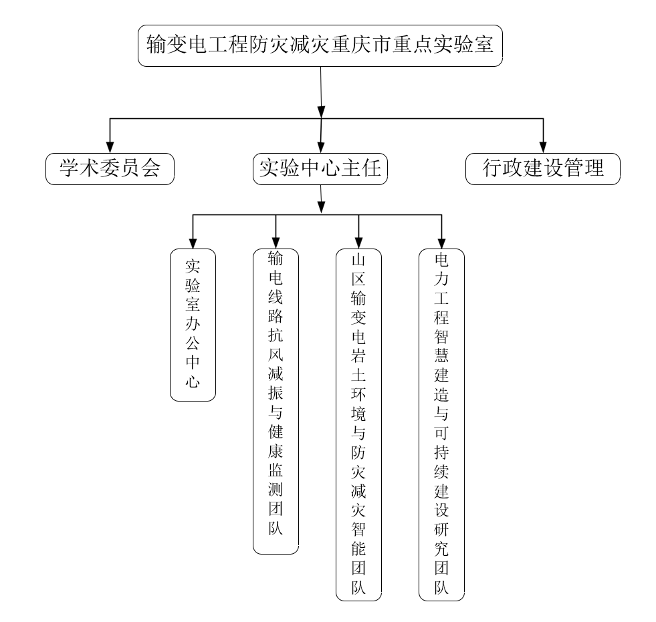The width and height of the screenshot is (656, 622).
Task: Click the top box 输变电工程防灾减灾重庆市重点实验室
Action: tap(320, 45)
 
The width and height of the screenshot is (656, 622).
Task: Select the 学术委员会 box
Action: tap(110, 169)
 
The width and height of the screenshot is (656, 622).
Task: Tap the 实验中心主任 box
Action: tap(320, 169)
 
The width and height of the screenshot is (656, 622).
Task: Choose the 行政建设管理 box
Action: tap(542, 169)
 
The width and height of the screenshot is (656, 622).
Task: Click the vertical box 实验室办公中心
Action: tap(193, 325)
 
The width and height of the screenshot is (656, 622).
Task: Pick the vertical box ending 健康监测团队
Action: tap(276, 402)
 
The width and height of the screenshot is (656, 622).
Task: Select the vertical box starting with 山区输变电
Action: tap(358, 425)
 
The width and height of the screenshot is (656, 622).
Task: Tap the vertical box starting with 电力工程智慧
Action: tap(441, 425)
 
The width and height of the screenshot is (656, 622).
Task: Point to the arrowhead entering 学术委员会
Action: tap(110, 147)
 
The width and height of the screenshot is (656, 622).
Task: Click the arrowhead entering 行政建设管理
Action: tap(543, 147)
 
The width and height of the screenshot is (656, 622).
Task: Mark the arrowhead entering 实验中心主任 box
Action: tap(320, 147)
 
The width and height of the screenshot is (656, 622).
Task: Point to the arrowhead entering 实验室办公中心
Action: tap(193, 243)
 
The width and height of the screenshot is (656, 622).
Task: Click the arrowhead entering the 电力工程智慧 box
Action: tap(441, 243)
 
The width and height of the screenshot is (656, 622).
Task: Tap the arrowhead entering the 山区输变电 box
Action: tap(358, 243)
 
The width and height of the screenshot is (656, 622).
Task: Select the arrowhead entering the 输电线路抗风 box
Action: tap(276, 243)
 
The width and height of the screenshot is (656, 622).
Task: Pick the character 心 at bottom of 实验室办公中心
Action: tap(193, 381)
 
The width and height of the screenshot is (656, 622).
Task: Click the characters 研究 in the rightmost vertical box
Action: tap(441, 539)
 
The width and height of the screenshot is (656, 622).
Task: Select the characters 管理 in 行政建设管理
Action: tap(584, 168)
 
